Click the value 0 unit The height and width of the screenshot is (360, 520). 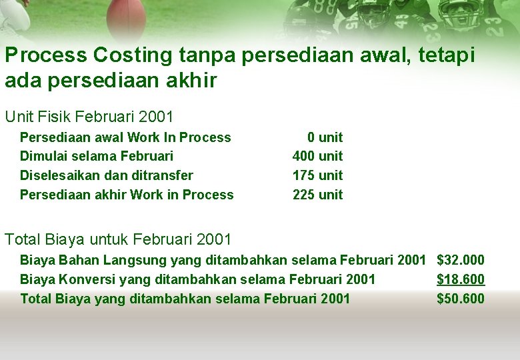coord(325,137)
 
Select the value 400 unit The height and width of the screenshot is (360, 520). coord(317,156)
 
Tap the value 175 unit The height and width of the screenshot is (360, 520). coord(317,175)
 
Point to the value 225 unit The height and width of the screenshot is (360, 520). coord(317,195)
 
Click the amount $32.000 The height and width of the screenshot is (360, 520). coord(461,260)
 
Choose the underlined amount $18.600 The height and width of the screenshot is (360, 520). coord(461,279)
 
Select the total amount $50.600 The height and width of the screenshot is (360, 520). coord(461,299)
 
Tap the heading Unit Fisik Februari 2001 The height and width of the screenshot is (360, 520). coord(89,117)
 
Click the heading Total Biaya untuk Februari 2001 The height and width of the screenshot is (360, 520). coord(118,239)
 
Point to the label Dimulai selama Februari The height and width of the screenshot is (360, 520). coord(97,156)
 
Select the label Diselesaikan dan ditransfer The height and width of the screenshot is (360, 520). coord(107,175)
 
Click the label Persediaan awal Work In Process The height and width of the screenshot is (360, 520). coord(125,137)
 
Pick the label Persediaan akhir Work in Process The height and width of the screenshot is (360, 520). coord(127,195)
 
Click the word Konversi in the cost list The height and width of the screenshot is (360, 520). coord(80,279)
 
